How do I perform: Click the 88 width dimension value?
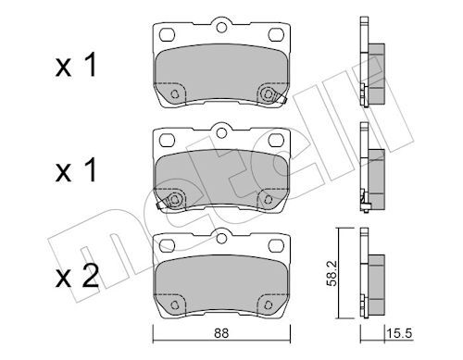221,333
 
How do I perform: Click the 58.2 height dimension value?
332,273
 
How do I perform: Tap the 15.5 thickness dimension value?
399,333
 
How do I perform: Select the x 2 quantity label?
77,277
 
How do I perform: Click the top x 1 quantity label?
76,65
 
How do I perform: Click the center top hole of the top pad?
221,28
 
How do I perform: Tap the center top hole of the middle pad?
221,132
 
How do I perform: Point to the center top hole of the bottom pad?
221,239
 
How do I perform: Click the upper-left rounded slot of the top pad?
168,34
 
